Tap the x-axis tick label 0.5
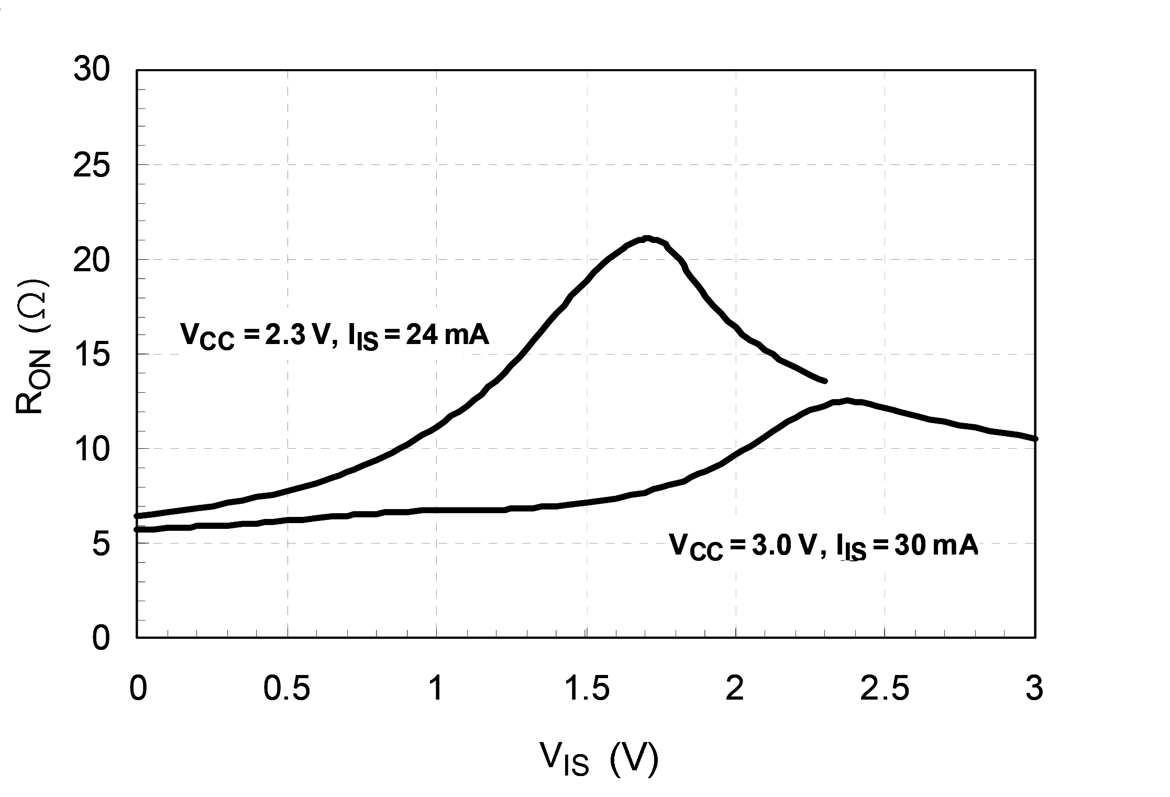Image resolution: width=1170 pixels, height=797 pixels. pyautogui.click(x=286, y=689)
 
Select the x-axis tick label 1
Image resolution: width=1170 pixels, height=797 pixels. pyautogui.click(x=436, y=689)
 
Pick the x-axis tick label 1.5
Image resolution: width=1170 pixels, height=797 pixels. pyautogui.click(x=587, y=689)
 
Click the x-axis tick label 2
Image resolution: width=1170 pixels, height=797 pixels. pyautogui.click(x=735, y=689)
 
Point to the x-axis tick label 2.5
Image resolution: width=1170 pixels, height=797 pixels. pyautogui.click(x=885, y=689)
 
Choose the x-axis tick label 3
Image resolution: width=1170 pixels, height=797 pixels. pyautogui.click(x=1034, y=689)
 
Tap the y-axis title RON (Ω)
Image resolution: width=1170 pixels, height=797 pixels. pyautogui.click(x=32, y=348)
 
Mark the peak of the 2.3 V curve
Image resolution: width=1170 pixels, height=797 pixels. pyautogui.click(x=647, y=238)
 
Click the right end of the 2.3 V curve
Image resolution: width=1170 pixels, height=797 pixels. pyautogui.click(x=825, y=381)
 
